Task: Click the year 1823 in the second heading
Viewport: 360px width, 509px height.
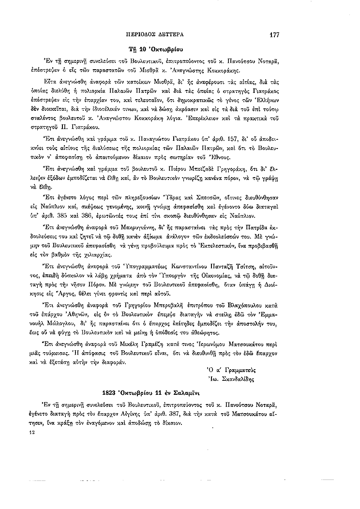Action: coord(112,391)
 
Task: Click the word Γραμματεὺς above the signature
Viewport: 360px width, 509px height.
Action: coord(237,369)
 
